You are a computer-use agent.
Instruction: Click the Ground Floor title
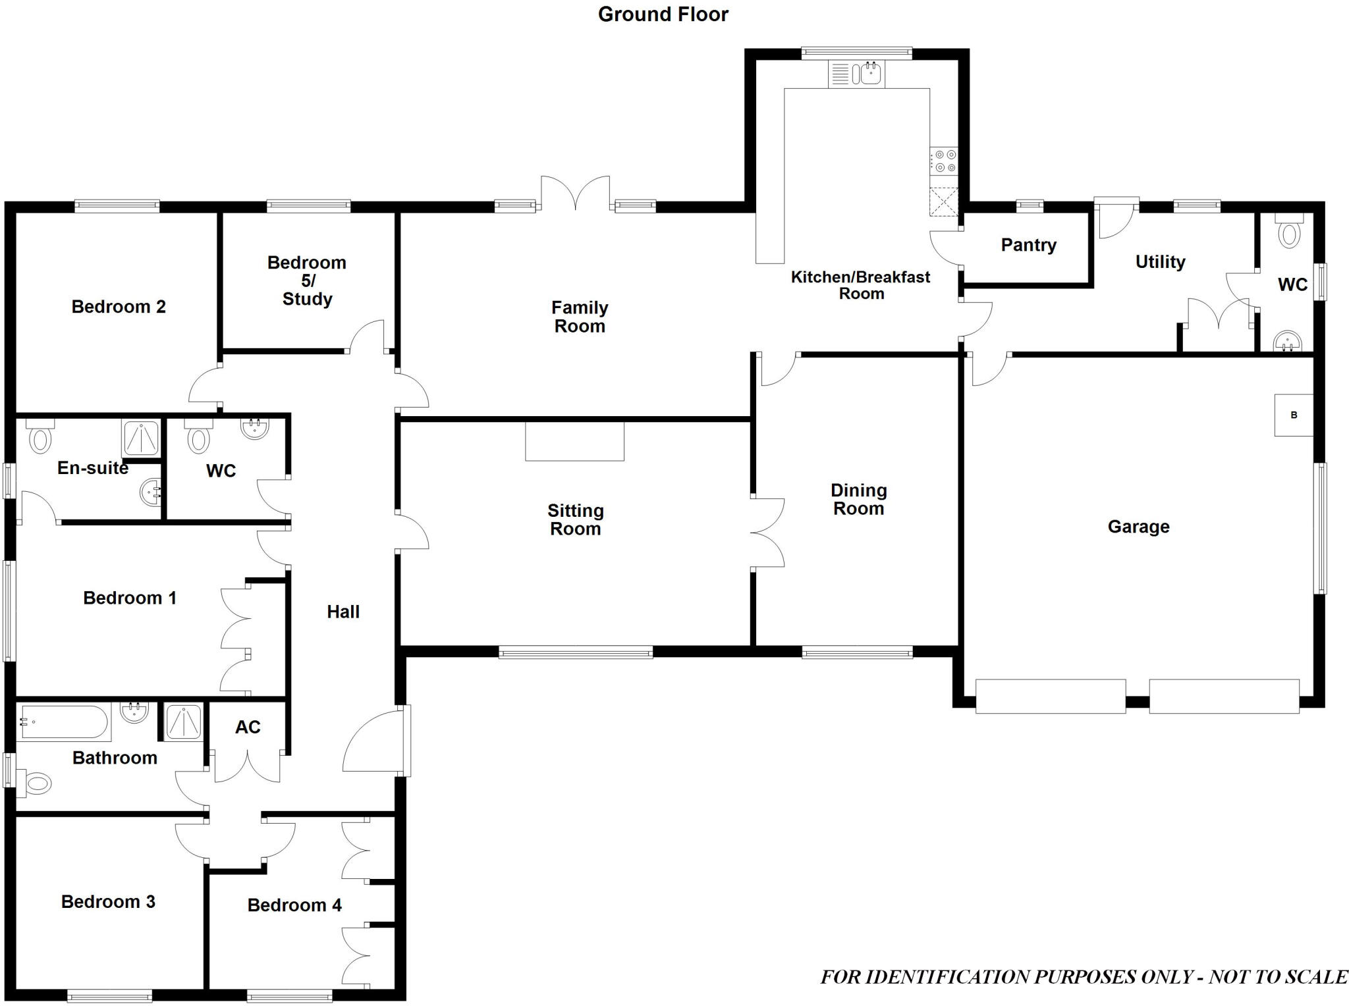click(663, 14)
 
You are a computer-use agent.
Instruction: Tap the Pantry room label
click(1028, 245)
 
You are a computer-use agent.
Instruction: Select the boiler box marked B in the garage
click(1293, 415)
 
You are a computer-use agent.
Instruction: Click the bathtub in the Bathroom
click(63, 722)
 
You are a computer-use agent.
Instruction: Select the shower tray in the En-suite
click(141, 437)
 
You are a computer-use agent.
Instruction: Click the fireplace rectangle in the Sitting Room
click(574, 441)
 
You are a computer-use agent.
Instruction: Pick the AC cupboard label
click(248, 727)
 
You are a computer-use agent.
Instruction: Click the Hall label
click(343, 612)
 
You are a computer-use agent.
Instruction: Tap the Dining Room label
click(858, 499)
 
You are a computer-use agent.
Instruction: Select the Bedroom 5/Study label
click(307, 280)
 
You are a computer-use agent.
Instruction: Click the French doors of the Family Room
click(575, 193)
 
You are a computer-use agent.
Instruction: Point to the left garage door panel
click(1050, 696)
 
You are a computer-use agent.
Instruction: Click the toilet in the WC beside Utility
click(1289, 232)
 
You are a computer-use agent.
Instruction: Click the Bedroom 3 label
click(108, 901)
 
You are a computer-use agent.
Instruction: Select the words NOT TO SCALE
click(1278, 976)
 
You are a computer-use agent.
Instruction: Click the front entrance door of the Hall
click(375, 741)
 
